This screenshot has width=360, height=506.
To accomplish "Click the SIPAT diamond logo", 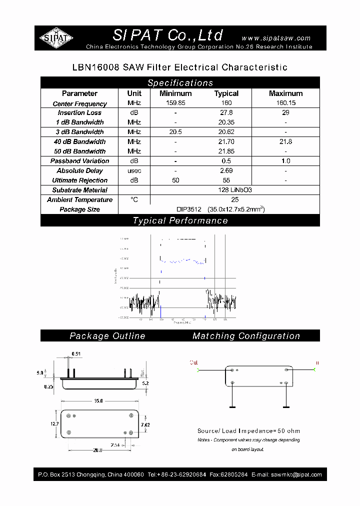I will pos(56,38).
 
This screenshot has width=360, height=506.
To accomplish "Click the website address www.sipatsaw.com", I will pos(276,38).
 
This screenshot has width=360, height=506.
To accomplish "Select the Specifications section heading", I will pos(180,83).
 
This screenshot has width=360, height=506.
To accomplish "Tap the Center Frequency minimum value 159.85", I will pos(175,103).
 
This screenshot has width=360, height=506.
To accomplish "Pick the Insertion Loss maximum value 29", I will pos(285,113).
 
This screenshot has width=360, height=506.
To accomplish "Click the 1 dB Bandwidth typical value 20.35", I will pos(226,122).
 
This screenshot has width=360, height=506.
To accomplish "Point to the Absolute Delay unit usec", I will pos(134,171).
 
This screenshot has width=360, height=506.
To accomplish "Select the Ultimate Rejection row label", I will pos(79,180).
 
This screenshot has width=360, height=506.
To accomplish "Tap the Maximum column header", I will pos(285,93).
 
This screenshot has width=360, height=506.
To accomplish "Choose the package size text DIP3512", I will pos(188,209).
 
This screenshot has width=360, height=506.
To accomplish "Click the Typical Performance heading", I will pos(180,220).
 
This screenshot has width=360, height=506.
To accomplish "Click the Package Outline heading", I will pos(107,336).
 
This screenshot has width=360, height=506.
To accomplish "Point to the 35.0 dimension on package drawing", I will pos(98,401).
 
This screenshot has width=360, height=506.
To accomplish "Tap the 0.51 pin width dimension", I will pos(76,354).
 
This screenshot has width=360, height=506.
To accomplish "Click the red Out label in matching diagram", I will pos(193,362).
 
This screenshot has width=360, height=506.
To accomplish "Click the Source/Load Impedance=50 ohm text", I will pos(248,430).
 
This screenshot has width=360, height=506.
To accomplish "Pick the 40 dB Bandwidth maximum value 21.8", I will pos(285,142).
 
